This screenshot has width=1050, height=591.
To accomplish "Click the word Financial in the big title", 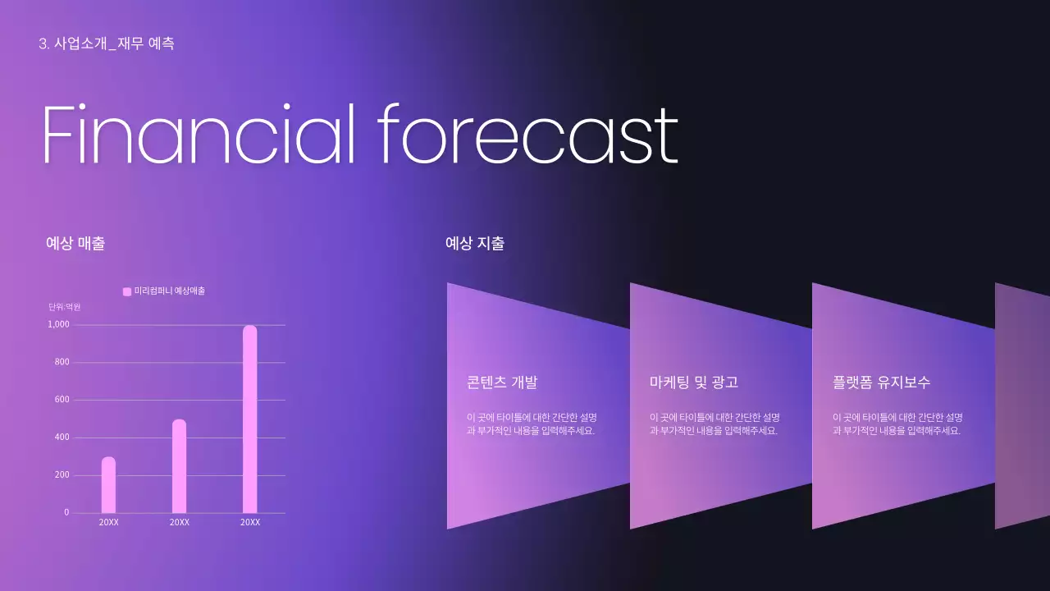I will coord(198,135).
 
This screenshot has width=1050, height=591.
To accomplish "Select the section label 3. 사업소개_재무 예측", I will coord(107,44).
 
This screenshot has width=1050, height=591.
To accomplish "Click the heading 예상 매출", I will coord(75,243).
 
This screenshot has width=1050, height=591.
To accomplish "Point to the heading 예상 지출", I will coord(474,243).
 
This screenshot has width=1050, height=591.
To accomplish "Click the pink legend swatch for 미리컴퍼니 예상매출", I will coord(127,291).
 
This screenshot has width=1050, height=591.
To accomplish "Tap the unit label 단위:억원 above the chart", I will coord(65,307).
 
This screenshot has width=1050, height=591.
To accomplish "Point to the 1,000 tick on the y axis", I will coord(59,325).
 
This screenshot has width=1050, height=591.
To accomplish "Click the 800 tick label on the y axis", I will coord(62,362).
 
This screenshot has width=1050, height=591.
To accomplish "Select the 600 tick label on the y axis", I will coord(62,400).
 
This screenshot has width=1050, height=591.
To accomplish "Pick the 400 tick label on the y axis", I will coord(62,438).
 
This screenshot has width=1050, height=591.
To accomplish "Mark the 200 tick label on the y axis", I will coord(62,475).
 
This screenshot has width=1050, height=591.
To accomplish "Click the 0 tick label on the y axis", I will coord(67,513).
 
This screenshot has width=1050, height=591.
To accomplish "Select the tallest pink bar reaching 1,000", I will coord(249,419).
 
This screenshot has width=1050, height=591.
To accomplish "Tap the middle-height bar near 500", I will coord(179,466).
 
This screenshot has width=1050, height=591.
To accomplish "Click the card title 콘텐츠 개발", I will coord(502,383).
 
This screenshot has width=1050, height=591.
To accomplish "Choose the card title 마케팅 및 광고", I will coord(694,383).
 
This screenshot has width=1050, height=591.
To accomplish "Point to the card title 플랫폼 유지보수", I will coord(881,383).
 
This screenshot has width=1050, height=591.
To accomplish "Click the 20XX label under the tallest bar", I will coord(250,523).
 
